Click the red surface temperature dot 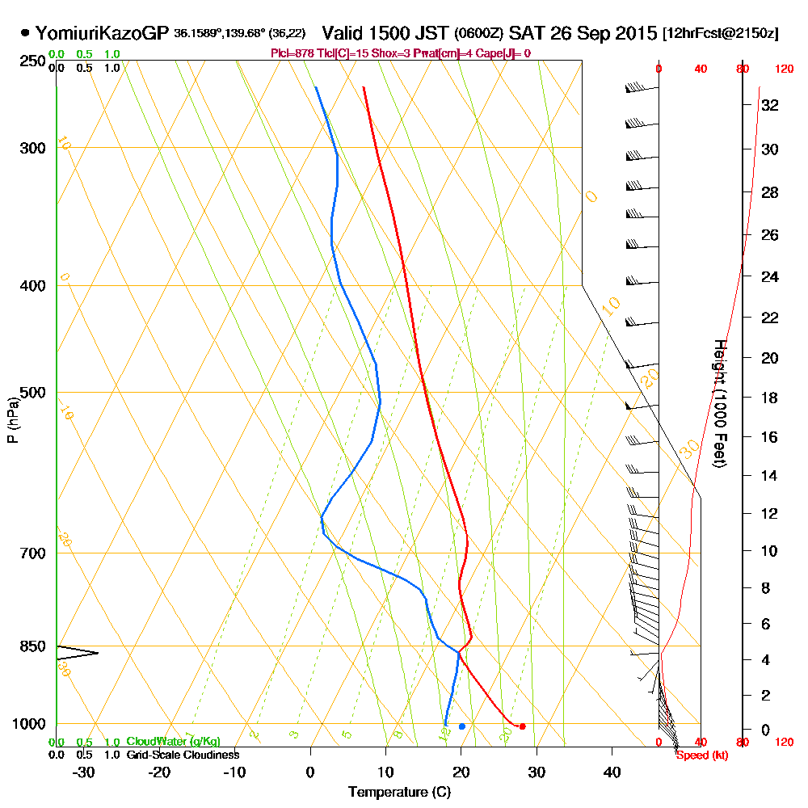[x=522, y=726]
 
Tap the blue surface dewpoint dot [x=461, y=726]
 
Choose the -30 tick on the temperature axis [x=85, y=772]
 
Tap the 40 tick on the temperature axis [x=612, y=772]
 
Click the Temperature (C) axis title [x=399, y=793]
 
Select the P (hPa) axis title [x=12, y=420]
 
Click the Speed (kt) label [x=701, y=755]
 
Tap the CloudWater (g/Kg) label [x=173, y=742]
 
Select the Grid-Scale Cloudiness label [x=183, y=755]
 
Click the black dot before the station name [x=26, y=34]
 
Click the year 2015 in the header [x=635, y=34]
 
